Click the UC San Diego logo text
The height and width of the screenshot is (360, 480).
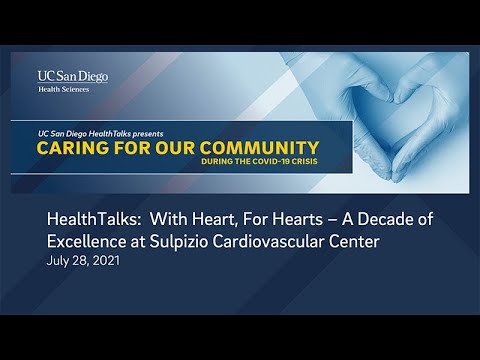click(x=73, y=76)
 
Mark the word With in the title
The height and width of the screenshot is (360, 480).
click(x=169, y=219)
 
